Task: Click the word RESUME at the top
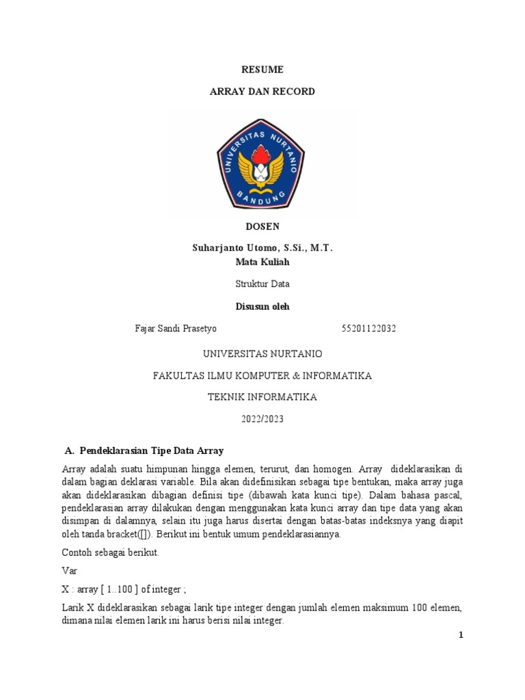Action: point(262,69)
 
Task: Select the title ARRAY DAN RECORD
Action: point(262,91)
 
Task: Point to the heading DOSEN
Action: point(262,226)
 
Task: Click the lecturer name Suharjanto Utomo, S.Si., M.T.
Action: point(262,248)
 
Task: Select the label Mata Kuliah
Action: point(262,262)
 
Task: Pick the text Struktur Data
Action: point(262,283)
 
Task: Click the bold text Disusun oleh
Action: point(262,306)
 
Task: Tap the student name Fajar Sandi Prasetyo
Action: point(176,329)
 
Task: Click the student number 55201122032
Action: point(368,329)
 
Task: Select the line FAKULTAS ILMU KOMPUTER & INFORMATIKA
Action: point(262,375)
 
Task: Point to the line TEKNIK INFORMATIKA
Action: point(262,397)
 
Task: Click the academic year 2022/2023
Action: point(262,419)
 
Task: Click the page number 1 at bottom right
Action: point(461,636)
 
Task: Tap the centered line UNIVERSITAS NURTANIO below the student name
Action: point(262,353)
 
